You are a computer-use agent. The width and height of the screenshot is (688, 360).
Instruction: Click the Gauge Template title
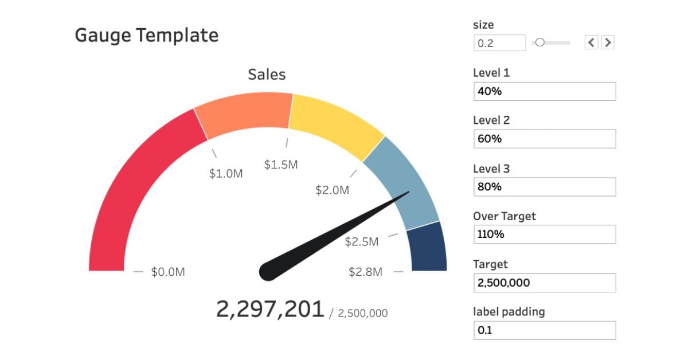(146, 36)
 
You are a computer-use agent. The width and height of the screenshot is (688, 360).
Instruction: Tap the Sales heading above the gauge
(267, 75)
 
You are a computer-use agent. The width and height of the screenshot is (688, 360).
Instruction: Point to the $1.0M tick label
(226, 174)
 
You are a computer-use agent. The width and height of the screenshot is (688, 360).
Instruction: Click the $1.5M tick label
(281, 165)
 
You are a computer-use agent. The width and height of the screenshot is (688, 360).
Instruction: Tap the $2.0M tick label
(332, 190)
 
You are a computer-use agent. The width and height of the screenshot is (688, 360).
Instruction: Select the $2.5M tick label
(362, 242)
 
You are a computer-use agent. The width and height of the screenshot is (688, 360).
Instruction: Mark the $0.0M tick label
(168, 272)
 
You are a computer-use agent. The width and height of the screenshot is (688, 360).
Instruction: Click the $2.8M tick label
(365, 272)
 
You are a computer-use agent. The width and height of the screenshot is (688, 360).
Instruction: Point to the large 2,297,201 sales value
(270, 309)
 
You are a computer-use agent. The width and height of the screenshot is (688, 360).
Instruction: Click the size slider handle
(540, 42)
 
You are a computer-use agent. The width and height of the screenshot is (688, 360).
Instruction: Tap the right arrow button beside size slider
(608, 42)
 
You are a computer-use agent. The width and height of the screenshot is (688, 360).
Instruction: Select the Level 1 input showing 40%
(545, 91)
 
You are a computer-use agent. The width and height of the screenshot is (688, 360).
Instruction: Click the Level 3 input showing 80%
(545, 187)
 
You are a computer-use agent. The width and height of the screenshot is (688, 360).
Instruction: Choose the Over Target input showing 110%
(545, 234)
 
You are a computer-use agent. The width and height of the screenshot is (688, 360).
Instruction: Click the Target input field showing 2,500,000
(545, 283)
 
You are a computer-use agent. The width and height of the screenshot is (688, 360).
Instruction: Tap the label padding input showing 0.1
(545, 330)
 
